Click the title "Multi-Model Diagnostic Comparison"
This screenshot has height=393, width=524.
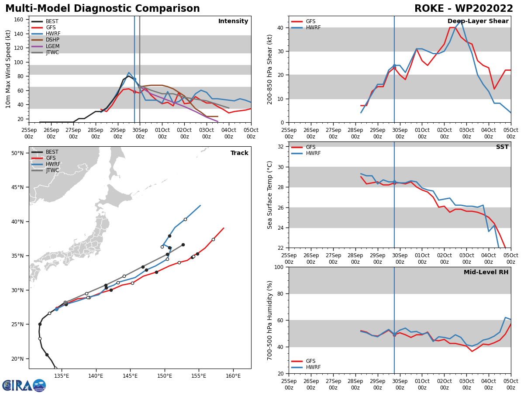(103, 9)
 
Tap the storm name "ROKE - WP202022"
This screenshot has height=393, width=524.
(464, 9)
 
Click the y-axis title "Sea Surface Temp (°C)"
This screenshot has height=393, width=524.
(270, 195)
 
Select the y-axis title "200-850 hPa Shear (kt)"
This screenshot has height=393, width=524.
(270, 69)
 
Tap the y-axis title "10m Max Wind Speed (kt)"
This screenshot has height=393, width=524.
(9, 69)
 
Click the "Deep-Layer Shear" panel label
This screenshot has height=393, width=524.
(478, 21)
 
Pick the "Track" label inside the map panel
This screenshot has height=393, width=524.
(239, 153)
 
